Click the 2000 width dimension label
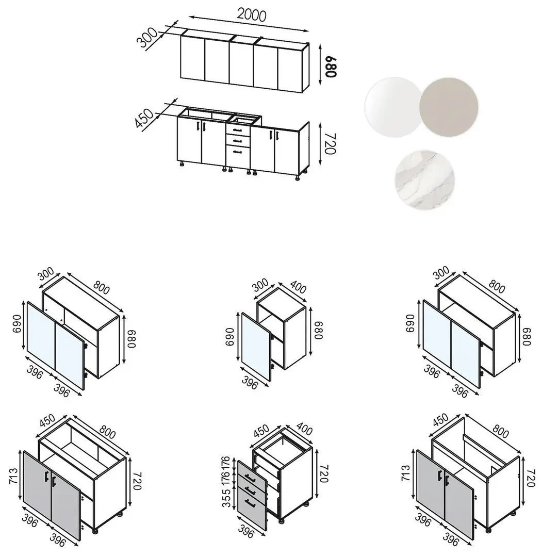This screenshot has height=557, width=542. [x=252, y=15]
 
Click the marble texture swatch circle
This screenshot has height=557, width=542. [x=424, y=180]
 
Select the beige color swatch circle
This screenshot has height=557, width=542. [x=449, y=107]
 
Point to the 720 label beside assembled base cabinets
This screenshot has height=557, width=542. [x=330, y=144]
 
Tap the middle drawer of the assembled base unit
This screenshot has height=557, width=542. [x=238, y=141]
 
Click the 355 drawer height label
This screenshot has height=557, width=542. [x=226, y=497]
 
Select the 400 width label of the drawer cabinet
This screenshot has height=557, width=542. [x=304, y=430]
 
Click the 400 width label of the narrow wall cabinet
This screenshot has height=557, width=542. [x=298, y=287]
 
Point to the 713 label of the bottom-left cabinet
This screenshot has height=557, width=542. [x=13, y=477]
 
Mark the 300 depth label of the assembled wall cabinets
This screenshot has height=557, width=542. [x=147, y=37]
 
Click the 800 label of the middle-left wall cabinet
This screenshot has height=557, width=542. [x=101, y=287]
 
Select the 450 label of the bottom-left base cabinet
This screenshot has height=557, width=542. [x=47, y=421]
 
